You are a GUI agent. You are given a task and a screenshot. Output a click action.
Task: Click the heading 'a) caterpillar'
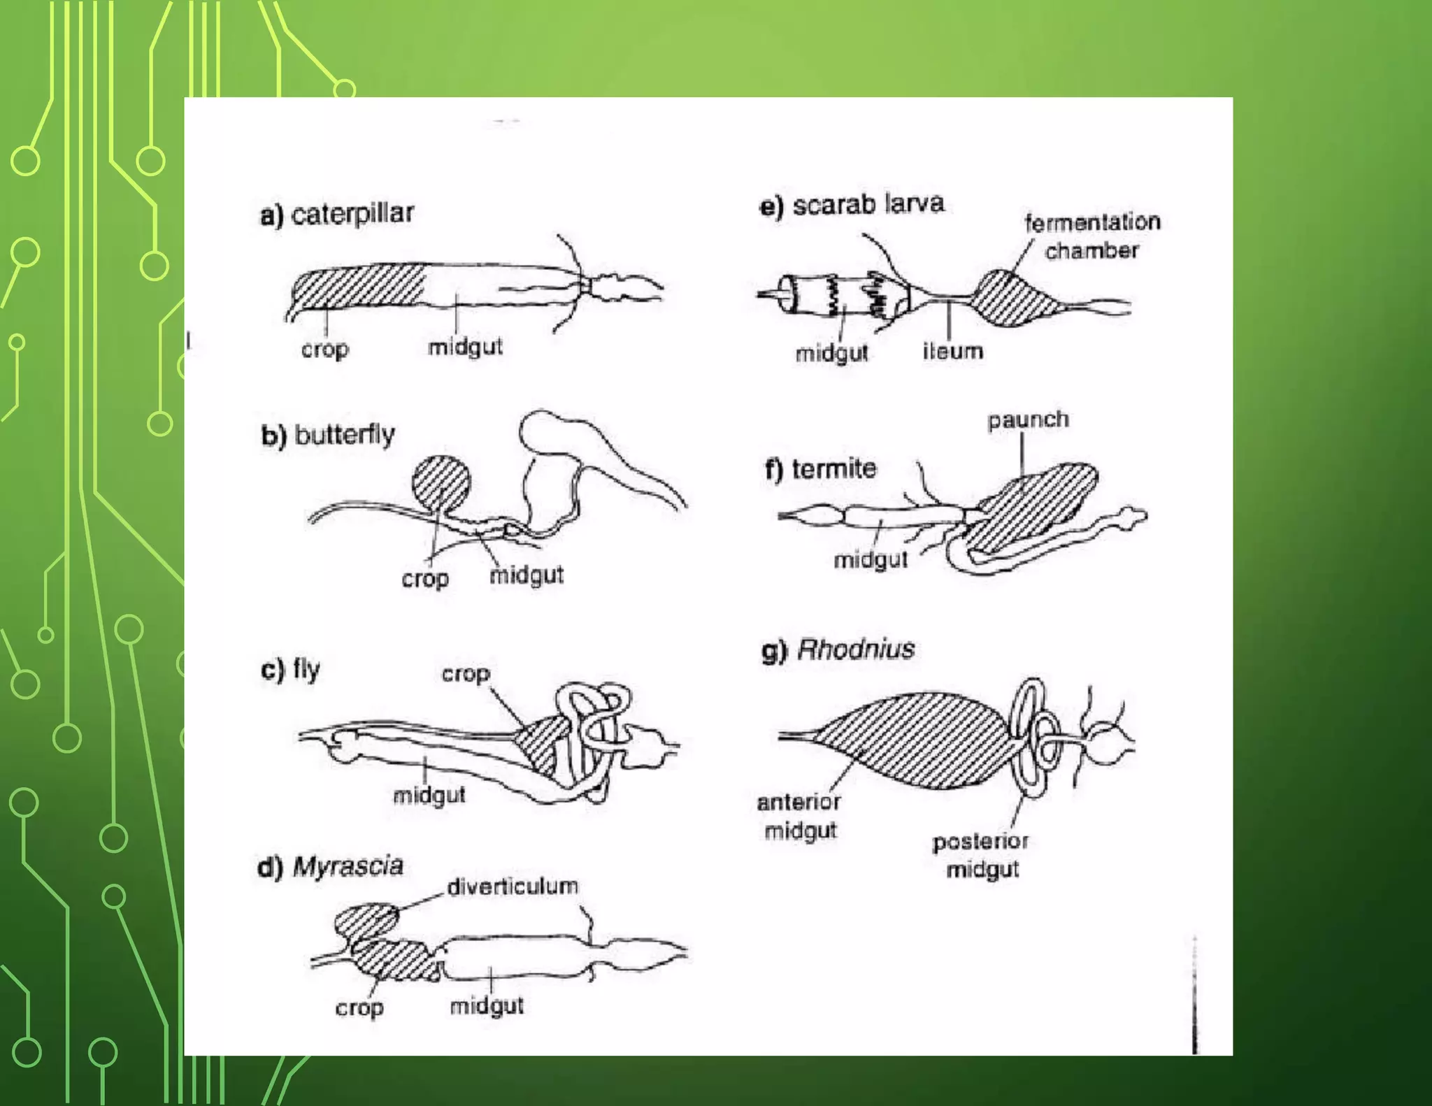[x=337, y=213]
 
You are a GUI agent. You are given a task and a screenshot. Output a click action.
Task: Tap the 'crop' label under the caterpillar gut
[x=325, y=348]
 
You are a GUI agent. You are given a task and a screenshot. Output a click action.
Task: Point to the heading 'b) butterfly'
[x=328, y=435]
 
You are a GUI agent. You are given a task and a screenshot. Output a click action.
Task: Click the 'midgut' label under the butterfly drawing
[x=526, y=575]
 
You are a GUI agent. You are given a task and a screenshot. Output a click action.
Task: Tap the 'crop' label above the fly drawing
[x=466, y=674]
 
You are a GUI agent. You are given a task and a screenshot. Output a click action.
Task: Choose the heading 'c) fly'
[x=291, y=669]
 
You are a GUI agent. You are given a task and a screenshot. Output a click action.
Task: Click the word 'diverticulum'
[x=513, y=886]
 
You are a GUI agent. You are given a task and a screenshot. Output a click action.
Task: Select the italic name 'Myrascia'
[x=348, y=866]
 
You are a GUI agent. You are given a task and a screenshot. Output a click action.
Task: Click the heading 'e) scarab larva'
[x=852, y=205]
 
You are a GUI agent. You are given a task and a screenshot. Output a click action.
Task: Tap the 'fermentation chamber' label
[x=1092, y=236]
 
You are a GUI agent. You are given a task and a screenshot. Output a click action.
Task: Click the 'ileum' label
[x=952, y=351]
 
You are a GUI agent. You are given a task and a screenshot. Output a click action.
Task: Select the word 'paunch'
[x=1028, y=420]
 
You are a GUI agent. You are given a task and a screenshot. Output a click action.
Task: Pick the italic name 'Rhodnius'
[x=855, y=649]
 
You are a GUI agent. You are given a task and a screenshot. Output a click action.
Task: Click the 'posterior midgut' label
[x=981, y=855]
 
